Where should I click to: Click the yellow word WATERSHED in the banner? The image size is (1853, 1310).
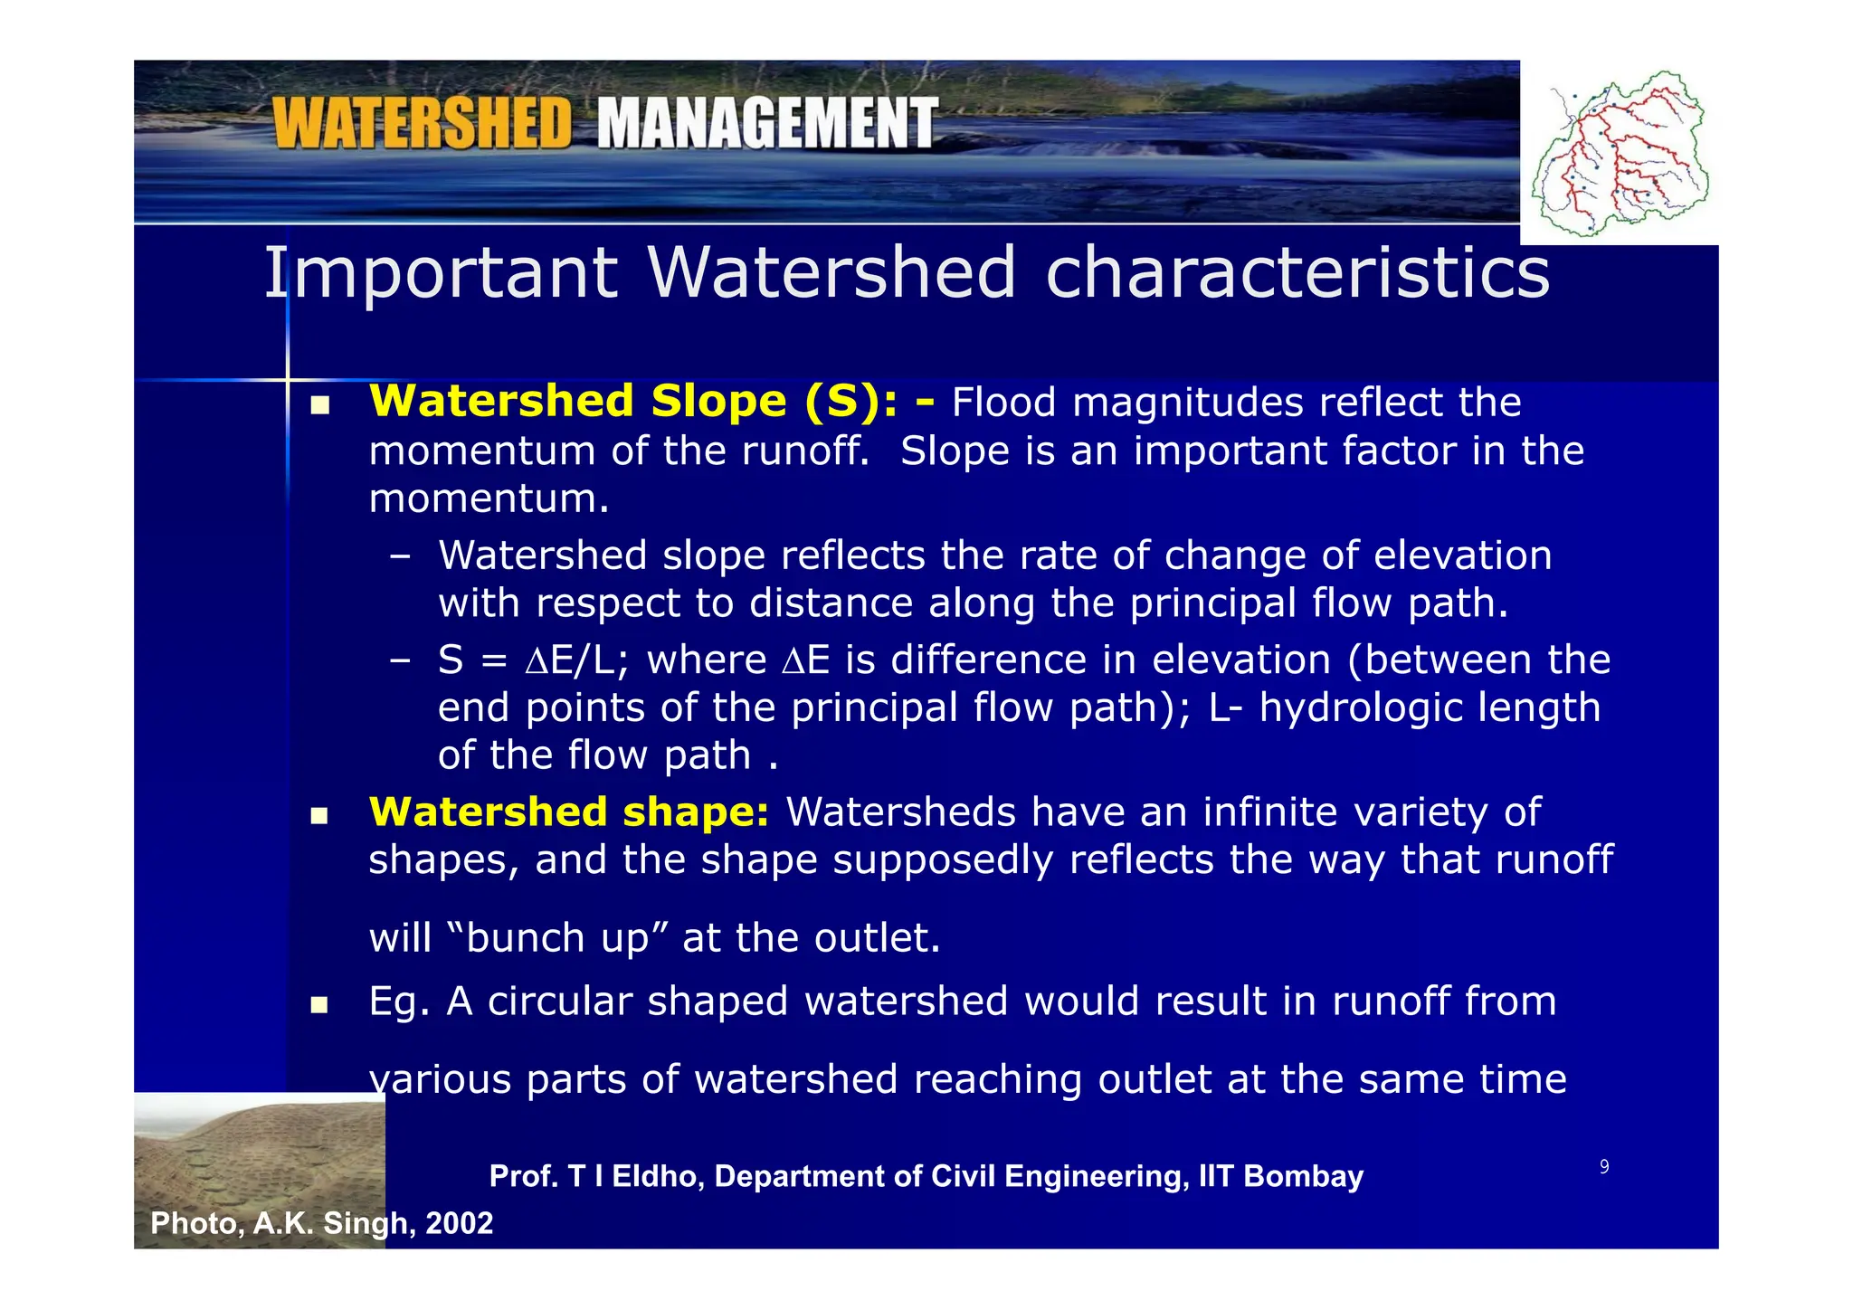point(423,124)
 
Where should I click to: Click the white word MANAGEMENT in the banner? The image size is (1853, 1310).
point(767,124)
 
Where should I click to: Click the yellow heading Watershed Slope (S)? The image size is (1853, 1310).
point(633,402)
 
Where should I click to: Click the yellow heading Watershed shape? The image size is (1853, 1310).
point(569,812)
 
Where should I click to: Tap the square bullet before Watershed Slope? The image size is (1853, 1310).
point(318,407)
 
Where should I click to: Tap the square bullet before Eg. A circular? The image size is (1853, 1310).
point(318,1005)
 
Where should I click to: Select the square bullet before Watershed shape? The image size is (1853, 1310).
point(318,816)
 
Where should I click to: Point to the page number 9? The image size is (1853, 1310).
point(1604,1167)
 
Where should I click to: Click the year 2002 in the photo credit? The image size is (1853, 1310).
point(459,1223)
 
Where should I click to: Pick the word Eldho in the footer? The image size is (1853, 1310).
point(657,1176)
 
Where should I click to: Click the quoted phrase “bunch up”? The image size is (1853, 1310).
point(557,938)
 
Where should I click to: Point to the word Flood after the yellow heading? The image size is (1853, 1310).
point(1003,403)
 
